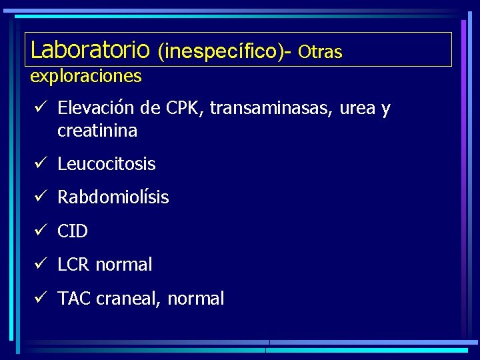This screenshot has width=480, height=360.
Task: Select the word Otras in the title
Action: pyautogui.click(x=320, y=51)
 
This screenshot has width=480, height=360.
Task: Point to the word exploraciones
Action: pyautogui.click(x=86, y=76)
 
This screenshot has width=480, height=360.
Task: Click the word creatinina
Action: pyautogui.click(x=97, y=131)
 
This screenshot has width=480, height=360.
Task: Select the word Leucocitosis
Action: pyautogui.click(x=107, y=163)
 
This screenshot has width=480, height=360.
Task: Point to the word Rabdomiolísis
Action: pyautogui.click(x=113, y=197)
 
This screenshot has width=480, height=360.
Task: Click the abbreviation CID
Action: pyautogui.click(x=73, y=231)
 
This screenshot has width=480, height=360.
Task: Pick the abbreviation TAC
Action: pyautogui.click(x=75, y=299)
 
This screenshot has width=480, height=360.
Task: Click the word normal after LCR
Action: pyautogui.click(x=124, y=265)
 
